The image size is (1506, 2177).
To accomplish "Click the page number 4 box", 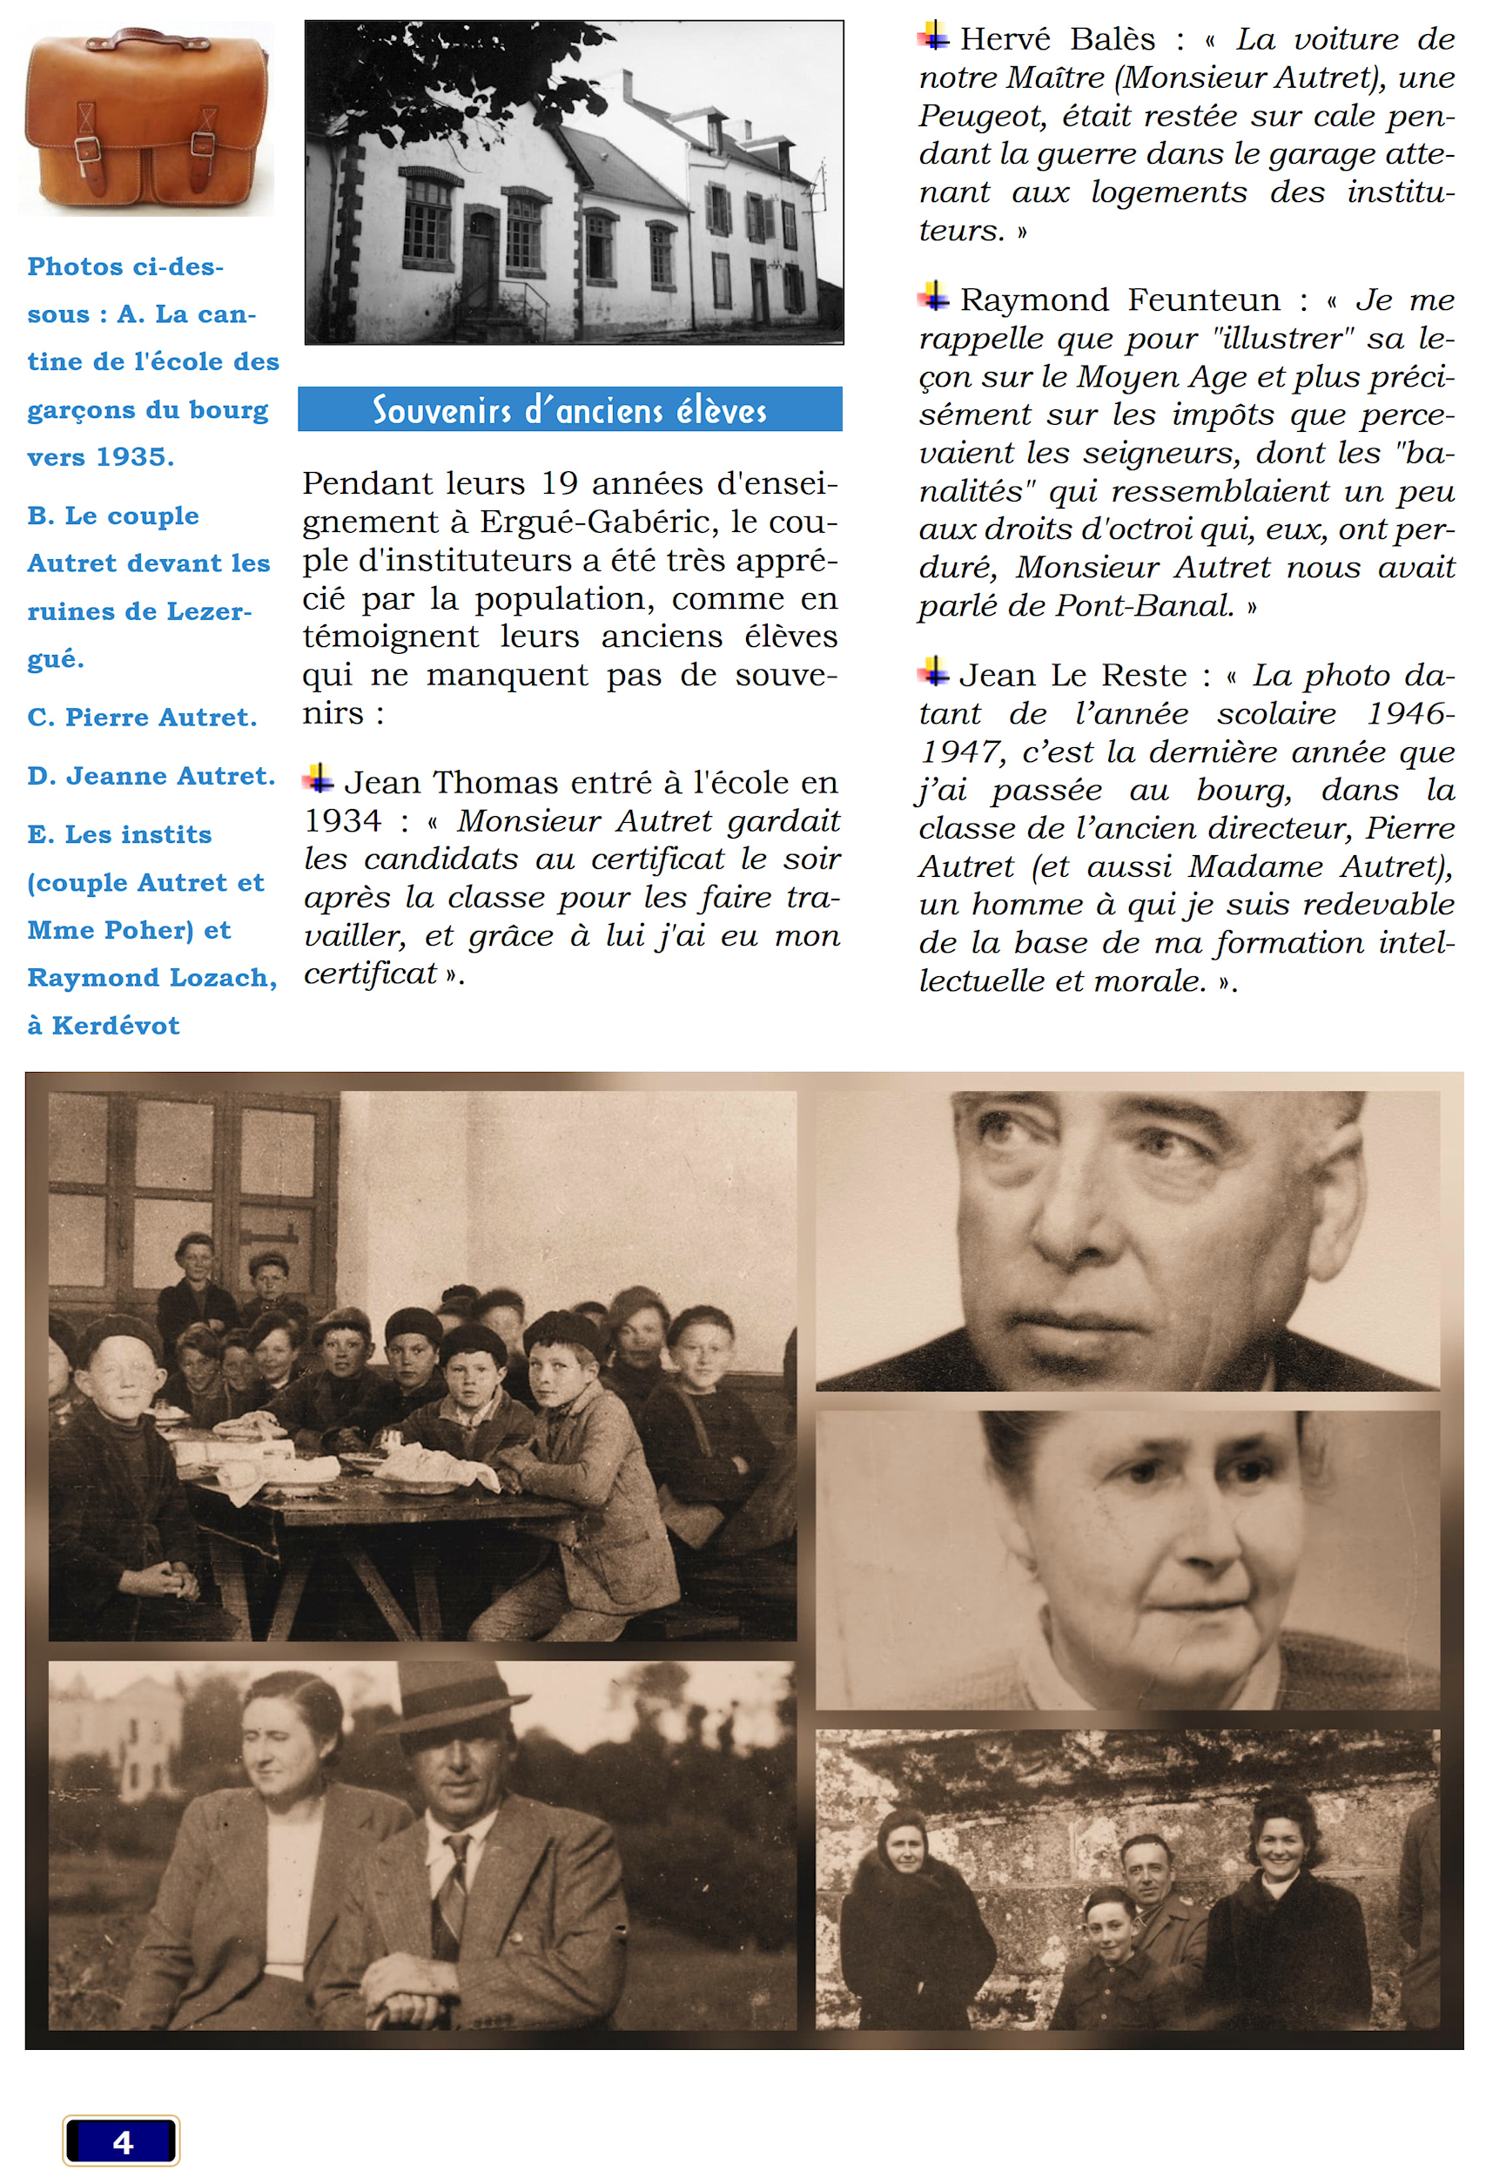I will tap(122, 2141).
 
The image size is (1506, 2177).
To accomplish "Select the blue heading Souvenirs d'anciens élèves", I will tap(569, 410).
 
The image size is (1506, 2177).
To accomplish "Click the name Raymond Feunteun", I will tap(1119, 300).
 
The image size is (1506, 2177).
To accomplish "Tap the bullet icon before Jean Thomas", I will tap(318, 779).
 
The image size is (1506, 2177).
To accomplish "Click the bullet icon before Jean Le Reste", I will tap(933, 672).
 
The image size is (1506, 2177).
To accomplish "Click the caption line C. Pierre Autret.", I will tap(142, 718).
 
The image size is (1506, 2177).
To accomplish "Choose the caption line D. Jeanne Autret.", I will tap(151, 776).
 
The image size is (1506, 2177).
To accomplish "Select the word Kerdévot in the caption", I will tap(115, 1025).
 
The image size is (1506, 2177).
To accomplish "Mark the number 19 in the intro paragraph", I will tap(559, 483).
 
